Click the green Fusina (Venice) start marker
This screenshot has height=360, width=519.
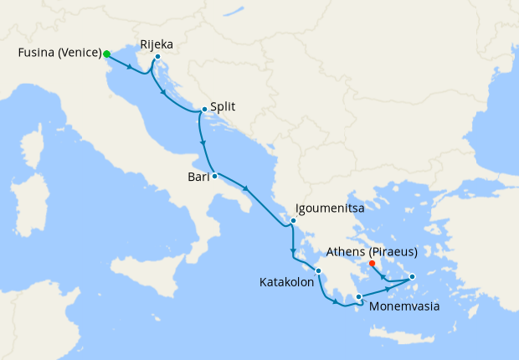pos(106,54)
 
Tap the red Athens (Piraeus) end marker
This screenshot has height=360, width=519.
pos(372,264)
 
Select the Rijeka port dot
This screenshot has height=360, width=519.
pos(157,57)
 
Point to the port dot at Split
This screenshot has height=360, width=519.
pos(204,109)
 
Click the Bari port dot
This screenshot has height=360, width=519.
pos(214,176)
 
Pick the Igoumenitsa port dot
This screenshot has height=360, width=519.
pos(293,221)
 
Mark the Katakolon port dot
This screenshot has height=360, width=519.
pos(318,270)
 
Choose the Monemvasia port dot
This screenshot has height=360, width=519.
pos(358,296)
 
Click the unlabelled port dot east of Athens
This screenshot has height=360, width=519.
pos(412,276)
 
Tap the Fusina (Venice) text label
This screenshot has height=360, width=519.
pos(59,54)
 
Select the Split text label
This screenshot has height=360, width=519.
pos(223,107)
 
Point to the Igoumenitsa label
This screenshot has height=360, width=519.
pos(328,208)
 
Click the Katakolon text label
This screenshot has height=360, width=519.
pos(287,283)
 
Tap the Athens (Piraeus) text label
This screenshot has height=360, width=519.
pos(373,250)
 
